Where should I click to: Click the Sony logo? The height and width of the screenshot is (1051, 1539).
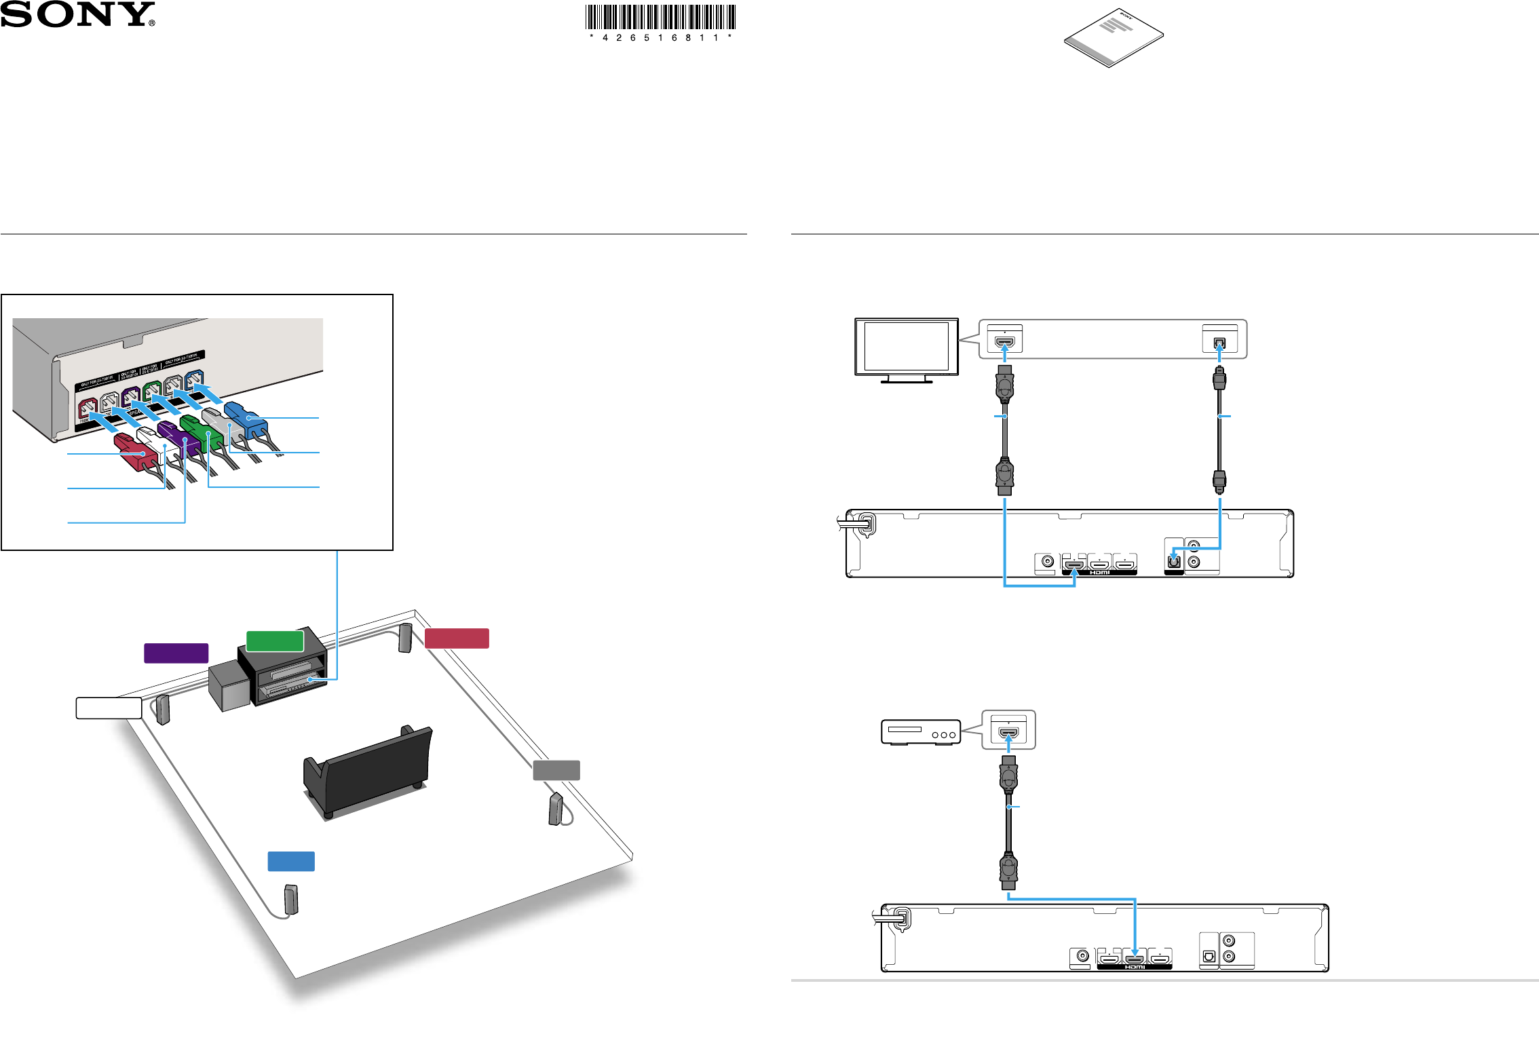point(77,14)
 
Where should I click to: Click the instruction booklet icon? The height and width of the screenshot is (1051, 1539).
point(1114,37)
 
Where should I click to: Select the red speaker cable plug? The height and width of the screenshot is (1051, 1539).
point(136,451)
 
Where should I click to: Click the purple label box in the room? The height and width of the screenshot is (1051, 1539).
point(176,653)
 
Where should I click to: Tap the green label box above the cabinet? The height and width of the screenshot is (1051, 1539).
point(275,641)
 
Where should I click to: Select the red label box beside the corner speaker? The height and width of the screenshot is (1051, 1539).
point(457,638)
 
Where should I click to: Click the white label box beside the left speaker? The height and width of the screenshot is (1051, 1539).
point(109,708)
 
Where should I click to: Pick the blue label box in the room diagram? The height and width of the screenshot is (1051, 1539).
point(291,861)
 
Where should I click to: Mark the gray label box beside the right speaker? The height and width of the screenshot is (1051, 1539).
point(556,770)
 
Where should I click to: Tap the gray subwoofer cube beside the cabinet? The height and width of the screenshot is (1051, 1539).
point(230,687)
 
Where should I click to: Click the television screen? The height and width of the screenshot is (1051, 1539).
point(906,346)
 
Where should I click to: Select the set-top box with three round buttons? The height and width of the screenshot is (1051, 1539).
point(920,733)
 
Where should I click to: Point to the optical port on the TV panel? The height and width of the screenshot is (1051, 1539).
point(1219,343)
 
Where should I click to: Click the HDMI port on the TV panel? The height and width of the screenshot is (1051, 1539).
point(1004,342)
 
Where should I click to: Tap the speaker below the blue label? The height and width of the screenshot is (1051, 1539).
point(291,900)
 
